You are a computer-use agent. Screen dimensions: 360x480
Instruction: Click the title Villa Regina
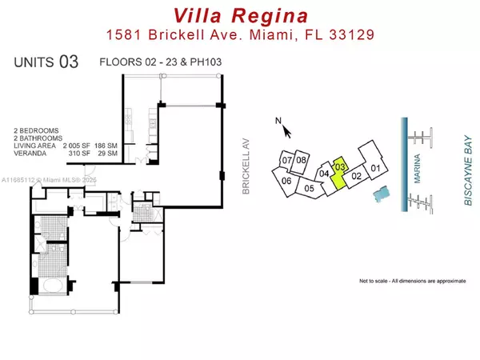[x=241, y=15]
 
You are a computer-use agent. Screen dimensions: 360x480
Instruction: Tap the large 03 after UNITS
[x=68, y=63]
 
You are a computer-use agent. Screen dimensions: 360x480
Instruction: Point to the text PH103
[x=202, y=62]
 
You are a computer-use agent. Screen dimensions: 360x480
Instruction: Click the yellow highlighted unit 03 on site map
[x=339, y=171]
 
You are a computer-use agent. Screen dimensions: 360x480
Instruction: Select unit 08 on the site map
[x=301, y=160]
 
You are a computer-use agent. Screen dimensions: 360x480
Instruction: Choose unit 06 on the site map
[x=286, y=181]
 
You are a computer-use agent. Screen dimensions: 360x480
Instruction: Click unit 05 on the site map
[x=309, y=189]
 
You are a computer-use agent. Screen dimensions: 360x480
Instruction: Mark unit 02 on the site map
[x=358, y=176]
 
